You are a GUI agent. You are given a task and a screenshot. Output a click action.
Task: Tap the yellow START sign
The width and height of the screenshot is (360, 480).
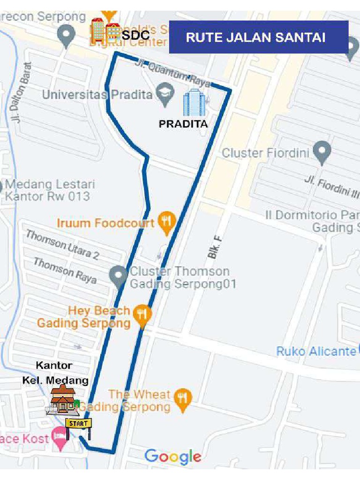(x=78, y=423)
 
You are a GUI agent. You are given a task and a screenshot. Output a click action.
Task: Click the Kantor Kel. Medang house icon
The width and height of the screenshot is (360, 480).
(x=62, y=399)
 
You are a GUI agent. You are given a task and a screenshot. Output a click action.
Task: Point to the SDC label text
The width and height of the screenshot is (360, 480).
(x=136, y=35)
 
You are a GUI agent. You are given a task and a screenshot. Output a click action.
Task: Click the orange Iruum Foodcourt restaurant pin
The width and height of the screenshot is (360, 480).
(x=166, y=222)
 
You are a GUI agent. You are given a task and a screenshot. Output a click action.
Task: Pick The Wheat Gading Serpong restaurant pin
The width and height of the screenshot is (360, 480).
(x=182, y=398)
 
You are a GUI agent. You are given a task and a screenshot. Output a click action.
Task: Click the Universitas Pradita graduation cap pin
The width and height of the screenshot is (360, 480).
(x=165, y=94)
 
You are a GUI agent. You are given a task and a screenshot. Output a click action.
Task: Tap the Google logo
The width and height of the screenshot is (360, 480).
(x=173, y=456)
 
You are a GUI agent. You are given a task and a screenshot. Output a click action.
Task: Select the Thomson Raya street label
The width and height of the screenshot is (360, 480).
(x=65, y=270)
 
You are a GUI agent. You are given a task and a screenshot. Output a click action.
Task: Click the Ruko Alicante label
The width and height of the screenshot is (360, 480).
(x=316, y=351)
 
